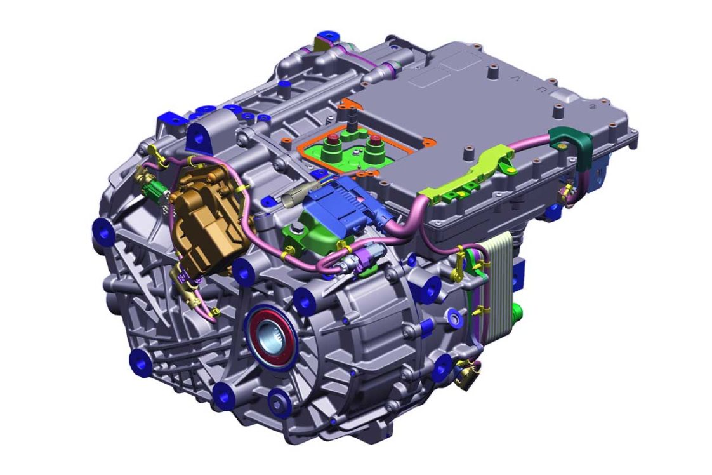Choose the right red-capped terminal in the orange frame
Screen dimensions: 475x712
(375, 141)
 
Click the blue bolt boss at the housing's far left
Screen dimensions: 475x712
(102, 231)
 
